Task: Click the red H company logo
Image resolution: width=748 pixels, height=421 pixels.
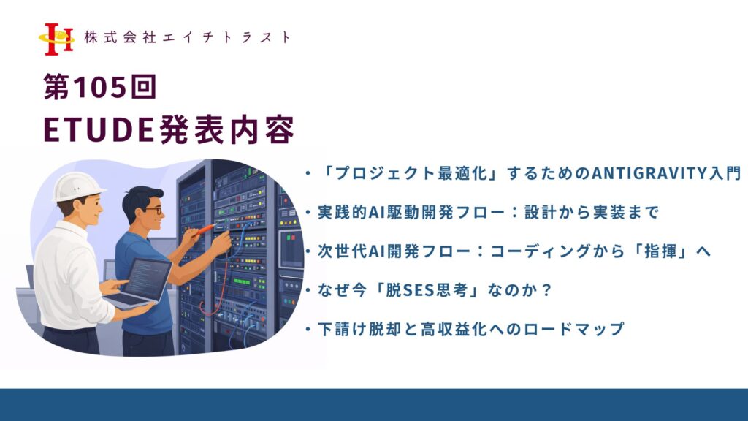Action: pos(57,39)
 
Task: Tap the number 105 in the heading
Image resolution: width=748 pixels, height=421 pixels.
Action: pos(100,87)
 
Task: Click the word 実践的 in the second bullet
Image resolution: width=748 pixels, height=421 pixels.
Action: pos(343,212)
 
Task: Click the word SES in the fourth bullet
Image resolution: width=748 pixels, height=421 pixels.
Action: pos(419,290)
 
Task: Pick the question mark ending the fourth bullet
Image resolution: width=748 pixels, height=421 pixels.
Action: pos(546,290)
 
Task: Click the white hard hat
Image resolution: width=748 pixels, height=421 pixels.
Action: pos(77,186)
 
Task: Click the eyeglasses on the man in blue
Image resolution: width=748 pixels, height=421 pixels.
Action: pos(153,210)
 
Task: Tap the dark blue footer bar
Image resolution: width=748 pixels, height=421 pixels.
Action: pos(374,405)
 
